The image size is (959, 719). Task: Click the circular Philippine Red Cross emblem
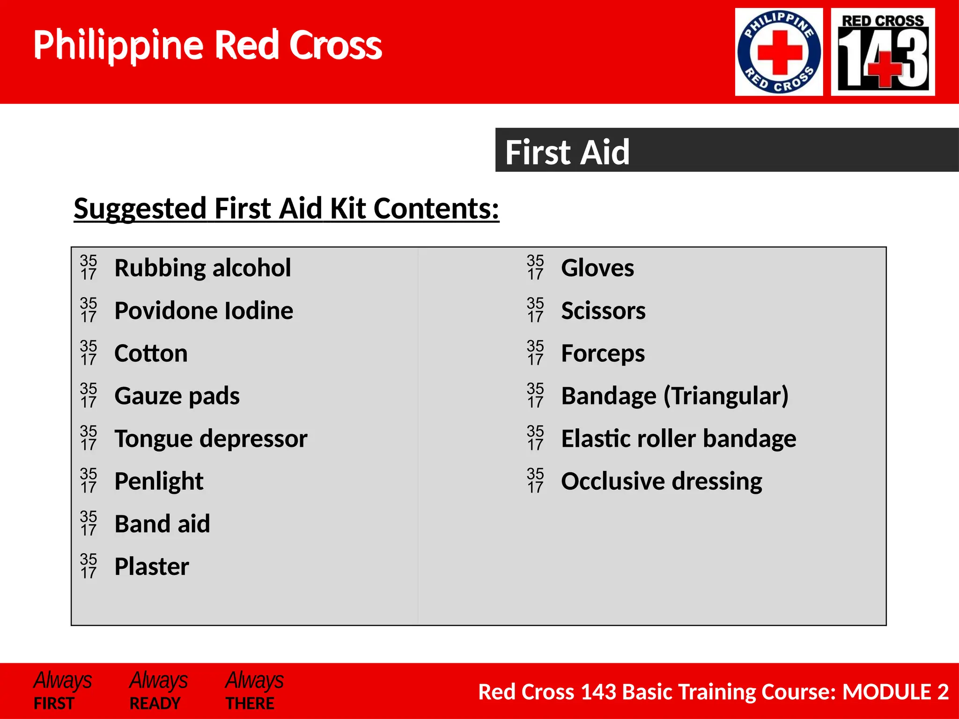[x=779, y=52]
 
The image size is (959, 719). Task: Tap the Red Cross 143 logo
[x=883, y=52]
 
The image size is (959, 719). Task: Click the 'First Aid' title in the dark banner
[x=567, y=152]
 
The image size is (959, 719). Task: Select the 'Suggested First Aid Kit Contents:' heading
[x=286, y=208]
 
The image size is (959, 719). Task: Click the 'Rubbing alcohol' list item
[x=202, y=268]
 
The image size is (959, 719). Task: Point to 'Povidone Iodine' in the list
[x=204, y=311]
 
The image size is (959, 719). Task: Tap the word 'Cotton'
[x=151, y=353]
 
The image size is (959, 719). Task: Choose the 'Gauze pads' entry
[x=177, y=396]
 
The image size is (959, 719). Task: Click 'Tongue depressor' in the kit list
[x=211, y=439]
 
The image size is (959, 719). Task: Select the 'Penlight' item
[x=159, y=481]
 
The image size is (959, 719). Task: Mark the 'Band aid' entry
[x=162, y=524]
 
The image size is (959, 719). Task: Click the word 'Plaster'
[x=152, y=566]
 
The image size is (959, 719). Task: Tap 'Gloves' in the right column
[x=598, y=268]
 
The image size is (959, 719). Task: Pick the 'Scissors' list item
[x=603, y=311]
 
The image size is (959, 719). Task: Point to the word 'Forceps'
[x=603, y=353]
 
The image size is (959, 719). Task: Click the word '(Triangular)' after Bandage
[x=726, y=396]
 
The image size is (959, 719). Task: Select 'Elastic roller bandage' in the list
[x=679, y=439]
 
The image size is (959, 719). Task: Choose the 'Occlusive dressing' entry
[x=661, y=481]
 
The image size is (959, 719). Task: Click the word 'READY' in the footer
[x=155, y=704]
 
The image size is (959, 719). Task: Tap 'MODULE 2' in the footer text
[x=895, y=692]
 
